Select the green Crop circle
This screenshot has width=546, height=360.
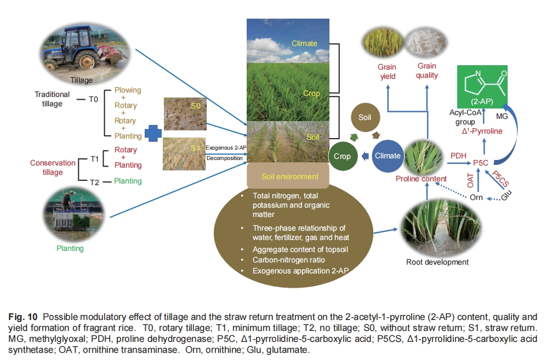point(343,156)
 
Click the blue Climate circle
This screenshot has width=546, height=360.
point(388,156)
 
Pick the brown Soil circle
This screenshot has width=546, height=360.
point(365,117)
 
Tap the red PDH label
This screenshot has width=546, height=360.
point(458,156)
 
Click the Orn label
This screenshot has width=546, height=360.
point(476,197)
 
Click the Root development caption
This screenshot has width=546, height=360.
point(437,262)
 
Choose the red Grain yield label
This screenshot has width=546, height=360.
point(386,71)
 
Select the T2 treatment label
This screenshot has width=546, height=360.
point(93,181)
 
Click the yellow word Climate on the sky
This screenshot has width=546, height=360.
point(304,43)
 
